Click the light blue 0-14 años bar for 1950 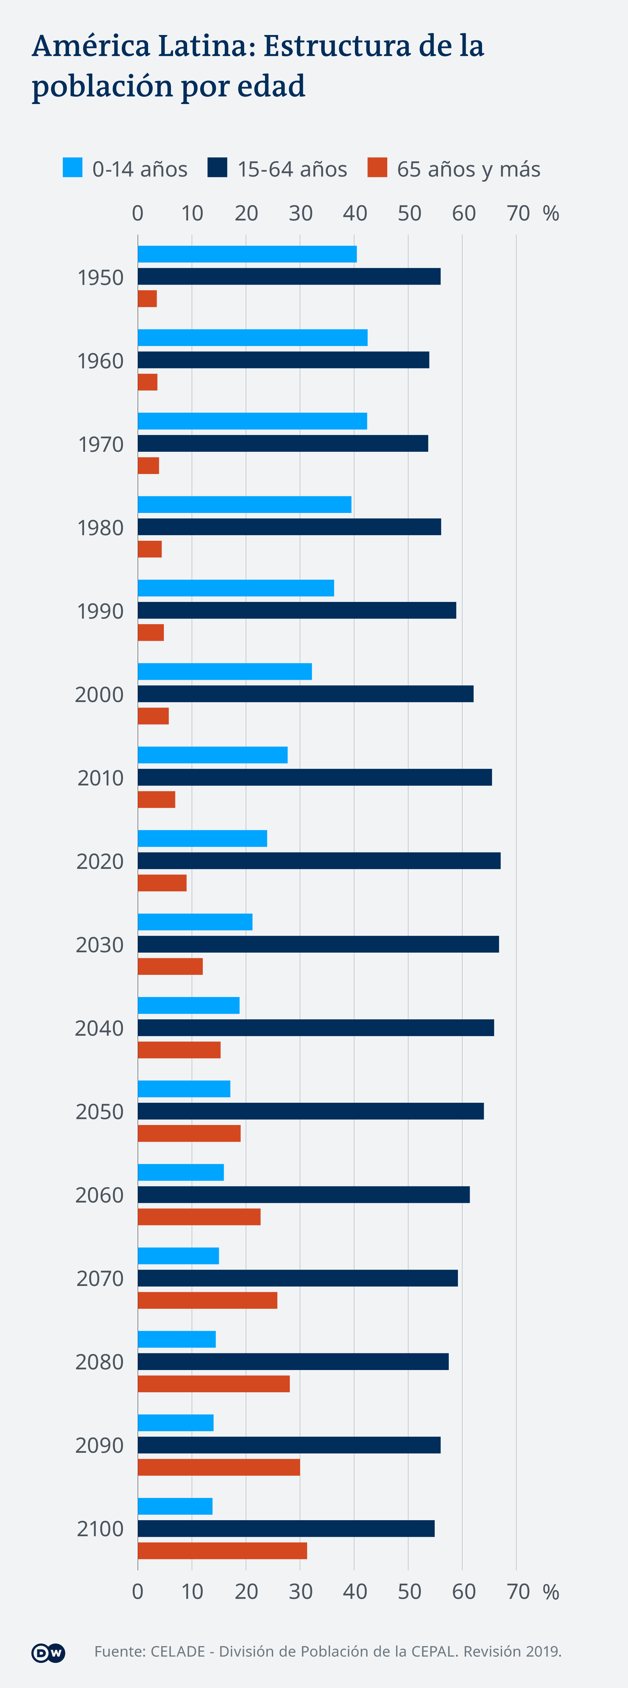click(247, 254)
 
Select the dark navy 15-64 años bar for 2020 click(319, 860)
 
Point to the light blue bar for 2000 click(225, 672)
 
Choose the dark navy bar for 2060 click(303, 1195)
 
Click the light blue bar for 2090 click(176, 1423)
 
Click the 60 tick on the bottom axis click(463, 1592)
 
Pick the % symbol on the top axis click(551, 214)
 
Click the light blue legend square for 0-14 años click(73, 168)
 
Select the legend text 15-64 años click(292, 169)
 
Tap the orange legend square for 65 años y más click(377, 168)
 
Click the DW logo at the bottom click(48, 1653)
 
